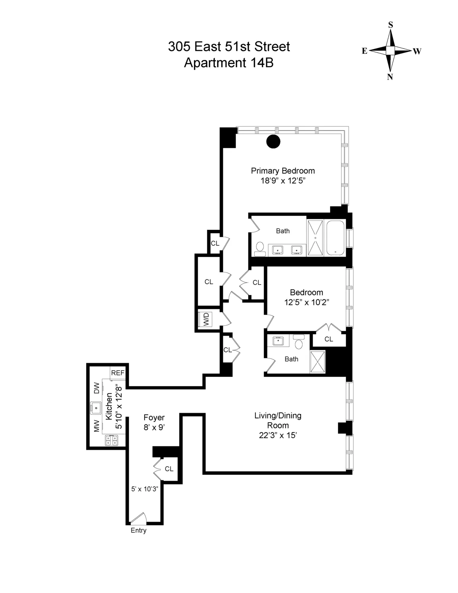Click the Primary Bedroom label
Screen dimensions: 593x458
pyautogui.click(x=282, y=171)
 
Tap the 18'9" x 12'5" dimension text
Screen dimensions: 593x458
pyautogui.click(x=282, y=181)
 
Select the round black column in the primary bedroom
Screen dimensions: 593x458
pyautogui.click(x=273, y=142)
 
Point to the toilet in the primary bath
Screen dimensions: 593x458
pyautogui.click(x=260, y=249)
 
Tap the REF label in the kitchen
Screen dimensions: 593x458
pyautogui.click(x=118, y=373)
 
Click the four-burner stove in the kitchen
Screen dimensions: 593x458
pyautogui.click(x=111, y=441)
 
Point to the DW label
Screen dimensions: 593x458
pyautogui.click(x=97, y=388)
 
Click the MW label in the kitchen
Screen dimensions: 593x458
pyautogui.click(x=97, y=426)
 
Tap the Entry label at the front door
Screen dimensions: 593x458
pyautogui.click(x=138, y=530)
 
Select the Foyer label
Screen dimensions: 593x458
pyautogui.click(x=154, y=417)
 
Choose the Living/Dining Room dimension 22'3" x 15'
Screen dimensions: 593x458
pyautogui.click(x=278, y=435)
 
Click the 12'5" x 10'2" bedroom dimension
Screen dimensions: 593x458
pyautogui.click(x=306, y=302)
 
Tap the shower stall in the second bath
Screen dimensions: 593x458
pyautogui.click(x=317, y=361)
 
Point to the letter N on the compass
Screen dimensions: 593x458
pyautogui.click(x=390, y=77)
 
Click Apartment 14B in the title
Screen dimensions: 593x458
pyautogui.click(x=229, y=63)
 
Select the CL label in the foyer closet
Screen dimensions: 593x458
pyautogui.click(x=169, y=469)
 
